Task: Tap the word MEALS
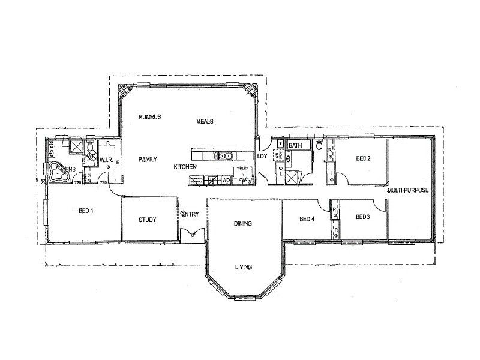click(x=205, y=121)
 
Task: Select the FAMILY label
click(x=148, y=160)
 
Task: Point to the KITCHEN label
click(x=185, y=166)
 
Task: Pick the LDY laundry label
click(x=262, y=157)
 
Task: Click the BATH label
click(x=295, y=146)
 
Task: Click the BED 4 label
click(x=307, y=219)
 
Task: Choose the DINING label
click(x=242, y=224)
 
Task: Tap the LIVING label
click(x=243, y=267)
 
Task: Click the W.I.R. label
click(x=106, y=160)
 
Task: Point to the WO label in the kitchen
click(x=226, y=180)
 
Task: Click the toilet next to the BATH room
click(x=319, y=146)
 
